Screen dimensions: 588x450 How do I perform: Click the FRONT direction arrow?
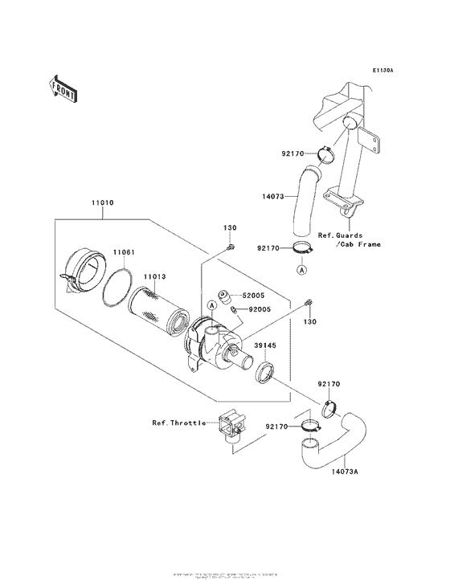[x=63, y=87]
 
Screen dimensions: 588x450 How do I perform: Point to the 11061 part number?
[x=123, y=252]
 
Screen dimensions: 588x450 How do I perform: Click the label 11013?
[x=154, y=276]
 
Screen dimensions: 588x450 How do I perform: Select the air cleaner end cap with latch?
[x=84, y=268]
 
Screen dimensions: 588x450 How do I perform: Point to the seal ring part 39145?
[x=265, y=374]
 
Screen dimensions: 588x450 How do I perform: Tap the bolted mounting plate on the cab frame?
[x=366, y=142]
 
